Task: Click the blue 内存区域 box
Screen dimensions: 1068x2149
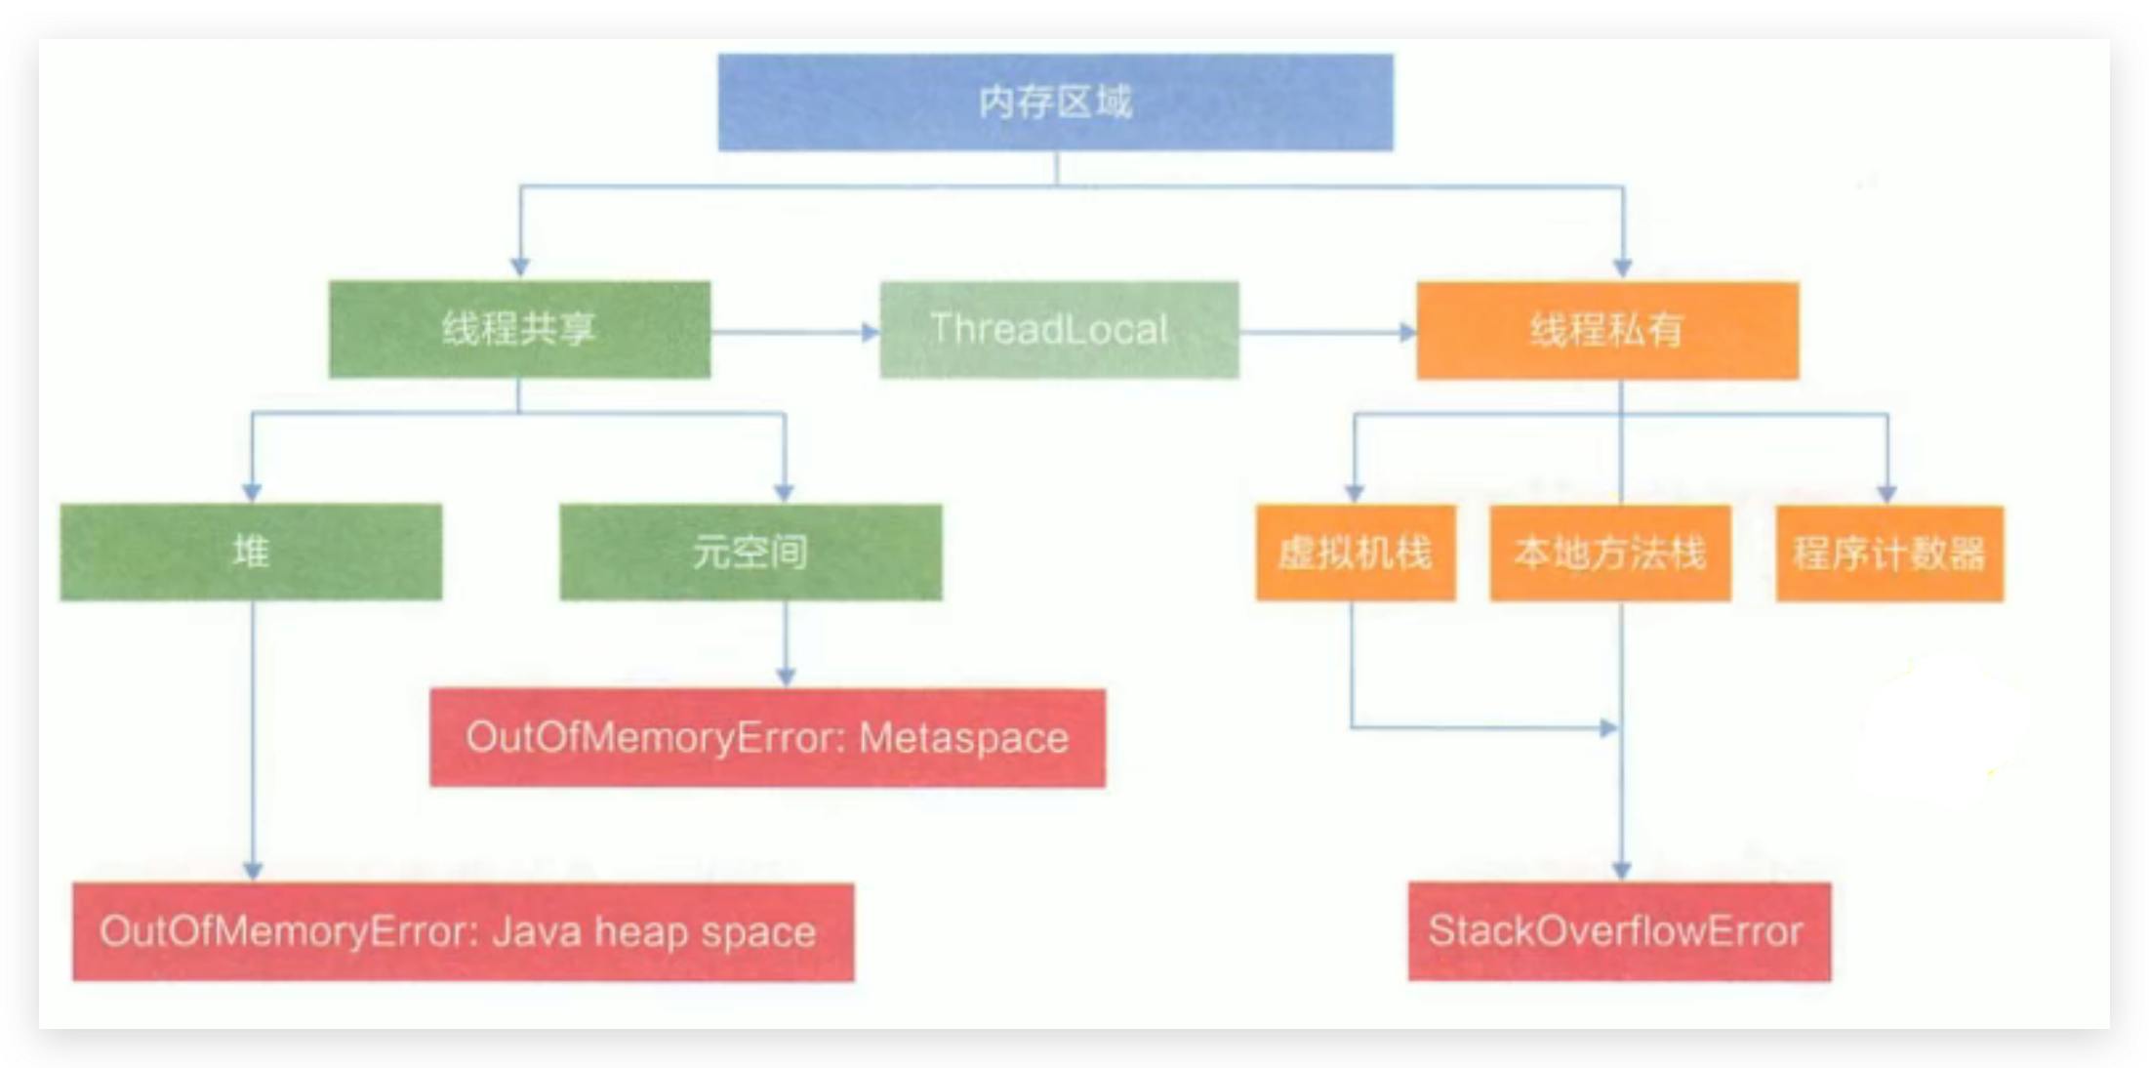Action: tap(1055, 103)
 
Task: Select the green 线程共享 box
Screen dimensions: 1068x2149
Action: tap(519, 329)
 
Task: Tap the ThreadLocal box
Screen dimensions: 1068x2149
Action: tap(1059, 329)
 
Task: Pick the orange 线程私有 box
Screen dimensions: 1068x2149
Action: tap(1607, 330)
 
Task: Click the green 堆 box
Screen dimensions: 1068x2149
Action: tap(251, 552)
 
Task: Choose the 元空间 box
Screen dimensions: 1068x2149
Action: tap(750, 552)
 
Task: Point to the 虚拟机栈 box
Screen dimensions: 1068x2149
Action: tap(1355, 553)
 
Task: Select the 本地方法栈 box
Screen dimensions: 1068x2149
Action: tap(1610, 553)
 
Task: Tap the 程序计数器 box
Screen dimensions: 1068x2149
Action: tap(1889, 554)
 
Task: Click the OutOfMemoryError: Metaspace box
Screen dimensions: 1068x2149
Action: tap(767, 737)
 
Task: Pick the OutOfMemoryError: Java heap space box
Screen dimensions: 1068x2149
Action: tap(463, 931)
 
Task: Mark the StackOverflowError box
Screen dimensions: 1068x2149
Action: tap(1619, 931)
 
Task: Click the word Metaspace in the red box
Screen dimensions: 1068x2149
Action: tap(963, 738)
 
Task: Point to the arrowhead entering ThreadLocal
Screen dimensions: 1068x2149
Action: tap(870, 332)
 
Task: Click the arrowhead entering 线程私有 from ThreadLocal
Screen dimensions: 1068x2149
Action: tap(1406, 332)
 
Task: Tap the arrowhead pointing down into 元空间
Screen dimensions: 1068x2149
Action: tap(784, 492)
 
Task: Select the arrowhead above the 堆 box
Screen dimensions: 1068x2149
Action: tap(252, 492)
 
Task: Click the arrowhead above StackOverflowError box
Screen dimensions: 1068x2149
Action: tap(1621, 870)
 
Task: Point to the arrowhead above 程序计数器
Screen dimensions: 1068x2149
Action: tap(1886, 493)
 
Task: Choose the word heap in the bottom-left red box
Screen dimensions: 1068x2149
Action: tap(643, 932)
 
